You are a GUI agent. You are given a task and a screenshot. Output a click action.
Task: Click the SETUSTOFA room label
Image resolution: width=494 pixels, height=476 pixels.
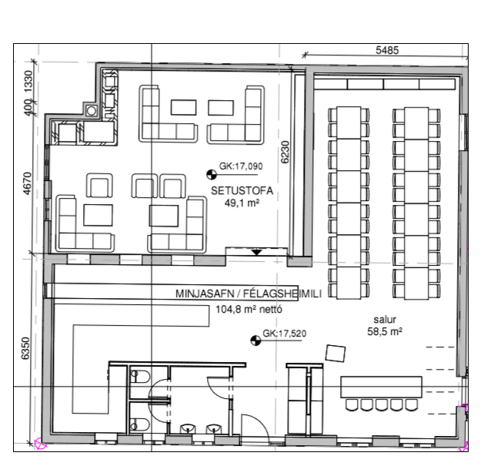[x=242, y=190]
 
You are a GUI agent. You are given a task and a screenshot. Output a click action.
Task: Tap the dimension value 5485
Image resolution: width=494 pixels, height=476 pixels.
[x=387, y=50]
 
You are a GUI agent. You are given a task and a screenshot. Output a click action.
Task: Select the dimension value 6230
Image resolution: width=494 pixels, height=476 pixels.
[x=285, y=152]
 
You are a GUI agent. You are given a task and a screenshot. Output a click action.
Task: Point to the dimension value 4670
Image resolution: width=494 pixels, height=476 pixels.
[x=28, y=183]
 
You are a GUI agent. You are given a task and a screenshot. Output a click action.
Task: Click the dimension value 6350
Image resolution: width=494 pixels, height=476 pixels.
[x=25, y=348]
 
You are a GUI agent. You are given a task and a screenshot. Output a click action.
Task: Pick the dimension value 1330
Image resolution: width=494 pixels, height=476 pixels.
[x=28, y=81]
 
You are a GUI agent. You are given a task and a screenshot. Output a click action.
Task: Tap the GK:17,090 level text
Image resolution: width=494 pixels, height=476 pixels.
[x=241, y=166]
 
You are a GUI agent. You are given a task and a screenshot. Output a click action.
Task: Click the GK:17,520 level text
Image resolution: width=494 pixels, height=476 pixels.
[x=284, y=334]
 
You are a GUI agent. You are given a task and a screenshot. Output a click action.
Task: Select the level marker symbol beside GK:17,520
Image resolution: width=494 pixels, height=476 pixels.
[x=255, y=340]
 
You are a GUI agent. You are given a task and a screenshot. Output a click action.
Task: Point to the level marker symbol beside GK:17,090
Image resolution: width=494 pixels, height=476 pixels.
[x=212, y=174]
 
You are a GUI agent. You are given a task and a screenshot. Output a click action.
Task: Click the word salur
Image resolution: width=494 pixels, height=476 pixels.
[x=385, y=320]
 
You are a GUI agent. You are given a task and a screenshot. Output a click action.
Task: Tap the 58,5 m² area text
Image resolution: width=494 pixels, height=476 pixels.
[x=385, y=331]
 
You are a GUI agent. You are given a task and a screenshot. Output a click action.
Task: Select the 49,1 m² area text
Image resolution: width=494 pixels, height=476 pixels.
[x=242, y=203]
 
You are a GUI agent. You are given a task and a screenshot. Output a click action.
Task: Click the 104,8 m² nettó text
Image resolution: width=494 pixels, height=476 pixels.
[x=249, y=309]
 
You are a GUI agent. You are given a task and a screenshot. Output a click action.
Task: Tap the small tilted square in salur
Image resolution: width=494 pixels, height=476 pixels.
[x=335, y=354]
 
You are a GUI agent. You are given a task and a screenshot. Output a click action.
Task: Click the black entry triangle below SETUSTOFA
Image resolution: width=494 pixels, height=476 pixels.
[x=256, y=252]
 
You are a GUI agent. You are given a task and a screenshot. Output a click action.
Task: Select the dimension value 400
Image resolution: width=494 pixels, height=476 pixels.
[x=28, y=107]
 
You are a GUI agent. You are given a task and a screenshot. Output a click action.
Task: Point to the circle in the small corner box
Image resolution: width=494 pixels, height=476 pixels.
[x=92, y=111]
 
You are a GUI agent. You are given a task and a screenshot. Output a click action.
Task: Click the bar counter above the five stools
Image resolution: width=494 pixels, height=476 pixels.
[x=381, y=387]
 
